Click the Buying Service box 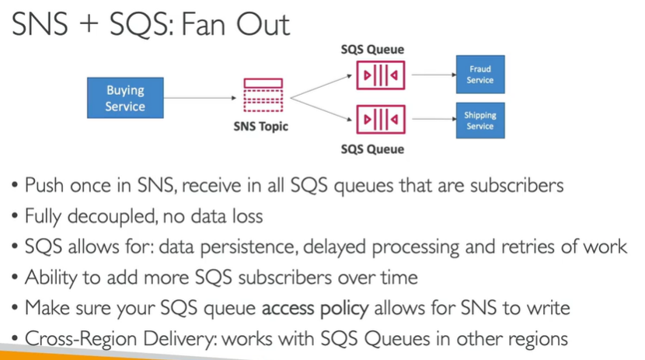click(125, 98)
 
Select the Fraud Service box click(479, 75)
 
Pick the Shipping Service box click(479, 121)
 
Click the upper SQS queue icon click(380, 75)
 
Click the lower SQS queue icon click(380, 121)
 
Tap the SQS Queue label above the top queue click(372, 50)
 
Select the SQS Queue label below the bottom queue click(372, 149)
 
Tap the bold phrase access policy click(315, 308)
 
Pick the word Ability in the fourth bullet click(50, 278)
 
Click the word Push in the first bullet click(45, 186)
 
